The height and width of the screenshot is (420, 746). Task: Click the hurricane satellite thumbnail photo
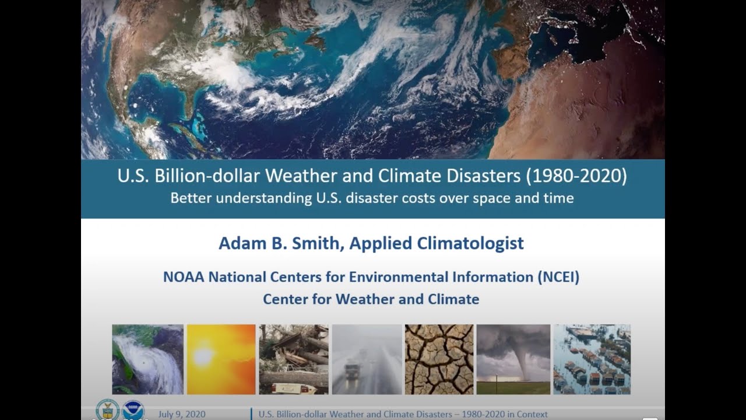click(x=147, y=359)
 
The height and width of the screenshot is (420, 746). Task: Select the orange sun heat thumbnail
click(x=221, y=359)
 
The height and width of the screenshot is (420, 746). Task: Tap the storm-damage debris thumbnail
click(x=294, y=359)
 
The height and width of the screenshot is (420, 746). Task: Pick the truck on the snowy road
click(x=353, y=370)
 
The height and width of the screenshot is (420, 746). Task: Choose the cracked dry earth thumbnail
click(x=439, y=359)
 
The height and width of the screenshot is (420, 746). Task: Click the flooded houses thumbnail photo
click(x=592, y=359)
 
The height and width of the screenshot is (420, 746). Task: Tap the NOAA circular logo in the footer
click(x=133, y=409)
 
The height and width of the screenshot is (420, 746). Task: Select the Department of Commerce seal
click(x=107, y=409)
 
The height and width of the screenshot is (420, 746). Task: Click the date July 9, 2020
click(x=182, y=414)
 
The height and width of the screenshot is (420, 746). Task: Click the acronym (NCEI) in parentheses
click(x=558, y=276)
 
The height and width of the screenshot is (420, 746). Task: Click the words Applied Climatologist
click(x=437, y=243)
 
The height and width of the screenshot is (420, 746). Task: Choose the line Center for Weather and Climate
click(x=371, y=299)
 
